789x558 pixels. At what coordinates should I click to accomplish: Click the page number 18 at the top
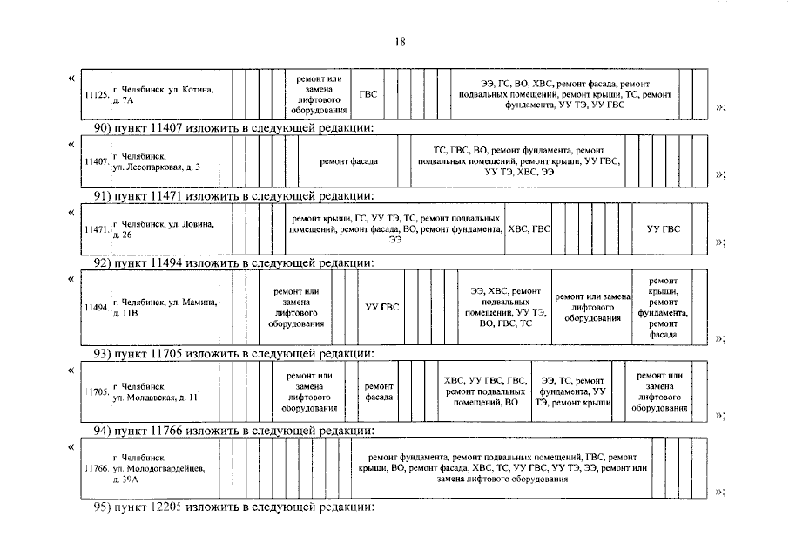[x=400, y=42]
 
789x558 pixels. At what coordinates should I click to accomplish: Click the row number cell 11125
[x=96, y=95]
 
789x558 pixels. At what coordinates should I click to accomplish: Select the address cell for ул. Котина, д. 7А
[x=165, y=95]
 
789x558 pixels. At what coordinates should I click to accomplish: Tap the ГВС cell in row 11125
[x=368, y=95]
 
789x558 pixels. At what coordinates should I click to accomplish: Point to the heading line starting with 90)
[x=234, y=128]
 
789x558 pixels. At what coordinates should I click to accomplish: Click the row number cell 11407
[x=96, y=161]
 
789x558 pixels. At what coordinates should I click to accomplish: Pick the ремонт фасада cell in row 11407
[x=348, y=161]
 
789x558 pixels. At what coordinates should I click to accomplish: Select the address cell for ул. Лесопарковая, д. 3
[x=165, y=161]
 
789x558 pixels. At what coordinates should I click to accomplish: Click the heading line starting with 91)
[x=234, y=196]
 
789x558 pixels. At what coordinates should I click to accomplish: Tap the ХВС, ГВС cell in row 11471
[x=529, y=229]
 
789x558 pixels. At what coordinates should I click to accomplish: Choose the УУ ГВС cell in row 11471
[x=664, y=229]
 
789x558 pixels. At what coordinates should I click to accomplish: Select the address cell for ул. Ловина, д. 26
[x=165, y=229]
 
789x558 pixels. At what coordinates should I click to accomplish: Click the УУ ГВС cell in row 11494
[x=381, y=307]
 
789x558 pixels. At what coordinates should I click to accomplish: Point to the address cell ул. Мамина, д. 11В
[x=165, y=307]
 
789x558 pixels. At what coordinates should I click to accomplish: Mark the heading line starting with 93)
[x=234, y=353]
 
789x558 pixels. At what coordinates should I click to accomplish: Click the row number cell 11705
[x=96, y=391]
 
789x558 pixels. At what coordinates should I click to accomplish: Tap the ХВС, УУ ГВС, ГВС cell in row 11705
[x=485, y=391]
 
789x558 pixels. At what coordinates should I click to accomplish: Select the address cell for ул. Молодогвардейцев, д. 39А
[x=165, y=468]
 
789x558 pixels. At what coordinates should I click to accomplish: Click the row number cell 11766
[x=96, y=468]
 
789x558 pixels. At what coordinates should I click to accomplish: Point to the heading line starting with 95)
[x=234, y=507]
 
